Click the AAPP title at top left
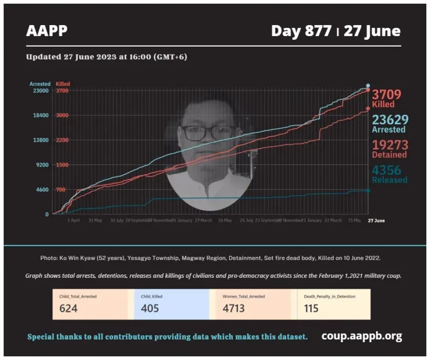47,31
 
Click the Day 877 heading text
301,31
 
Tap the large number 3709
386,95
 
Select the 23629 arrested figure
390,120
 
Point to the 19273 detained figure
390,145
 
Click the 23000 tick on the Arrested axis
40,91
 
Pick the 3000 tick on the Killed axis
62,115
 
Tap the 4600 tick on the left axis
41,190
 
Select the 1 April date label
74,221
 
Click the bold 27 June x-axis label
375,221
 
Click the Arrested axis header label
40,84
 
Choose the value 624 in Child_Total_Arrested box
68,308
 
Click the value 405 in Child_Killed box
150,308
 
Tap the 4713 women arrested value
233,308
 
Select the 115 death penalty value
311,308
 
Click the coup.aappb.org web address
361,336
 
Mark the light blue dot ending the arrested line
368,85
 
